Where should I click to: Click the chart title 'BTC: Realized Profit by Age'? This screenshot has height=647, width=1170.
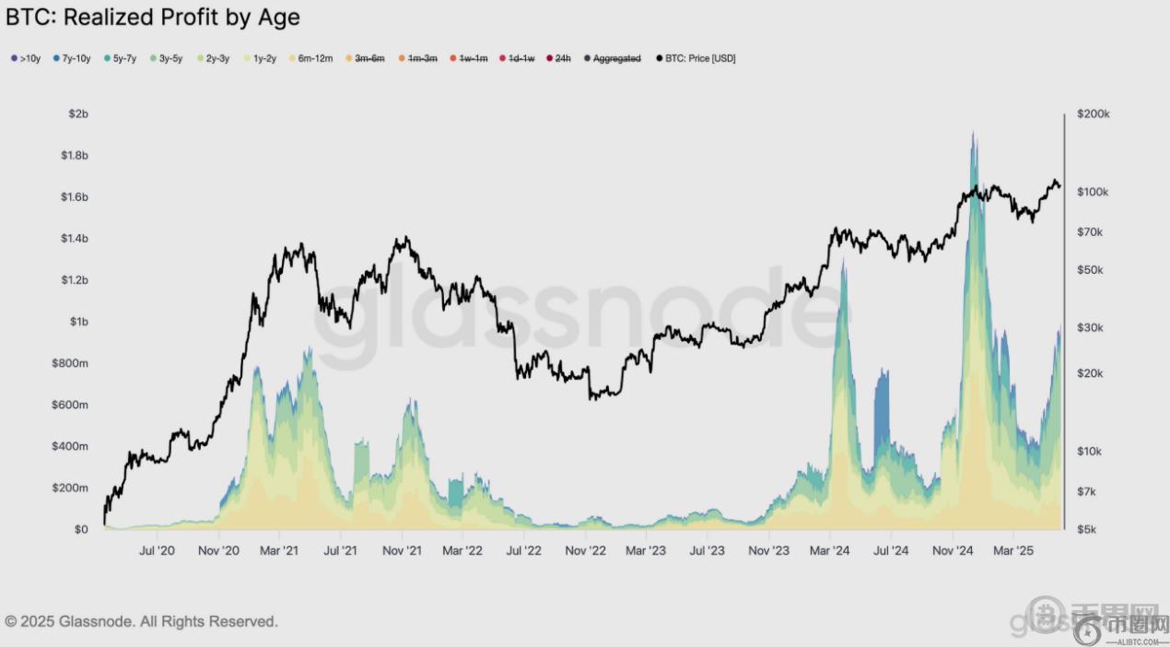click(x=153, y=17)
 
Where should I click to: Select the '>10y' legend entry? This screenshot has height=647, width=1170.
click(x=26, y=59)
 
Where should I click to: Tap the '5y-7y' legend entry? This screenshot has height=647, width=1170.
click(x=120, y=59)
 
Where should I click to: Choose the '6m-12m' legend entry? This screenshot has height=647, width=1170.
click(x=310, y=59)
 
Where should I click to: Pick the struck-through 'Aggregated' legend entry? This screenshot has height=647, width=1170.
click(x=613, y=59)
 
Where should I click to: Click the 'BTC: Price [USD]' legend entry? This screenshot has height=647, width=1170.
click(x=696, y=59)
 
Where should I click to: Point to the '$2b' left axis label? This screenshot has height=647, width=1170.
click(x=77, y=113)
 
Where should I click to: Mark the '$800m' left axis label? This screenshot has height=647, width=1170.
click(x=70, y=363)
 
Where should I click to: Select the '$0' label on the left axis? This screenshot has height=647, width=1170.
click(x=80, y=530)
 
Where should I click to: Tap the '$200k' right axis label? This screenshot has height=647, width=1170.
click(x=1093, y=114)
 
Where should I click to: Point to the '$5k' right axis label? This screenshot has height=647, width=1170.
click(x=1087, y=530)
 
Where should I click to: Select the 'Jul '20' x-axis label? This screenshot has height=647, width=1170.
click(x=156, y=551)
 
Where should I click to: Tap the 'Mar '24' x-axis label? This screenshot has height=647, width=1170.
click(x=829, y=551)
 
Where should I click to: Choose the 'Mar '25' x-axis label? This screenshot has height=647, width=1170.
click(x=1012, y=551)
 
